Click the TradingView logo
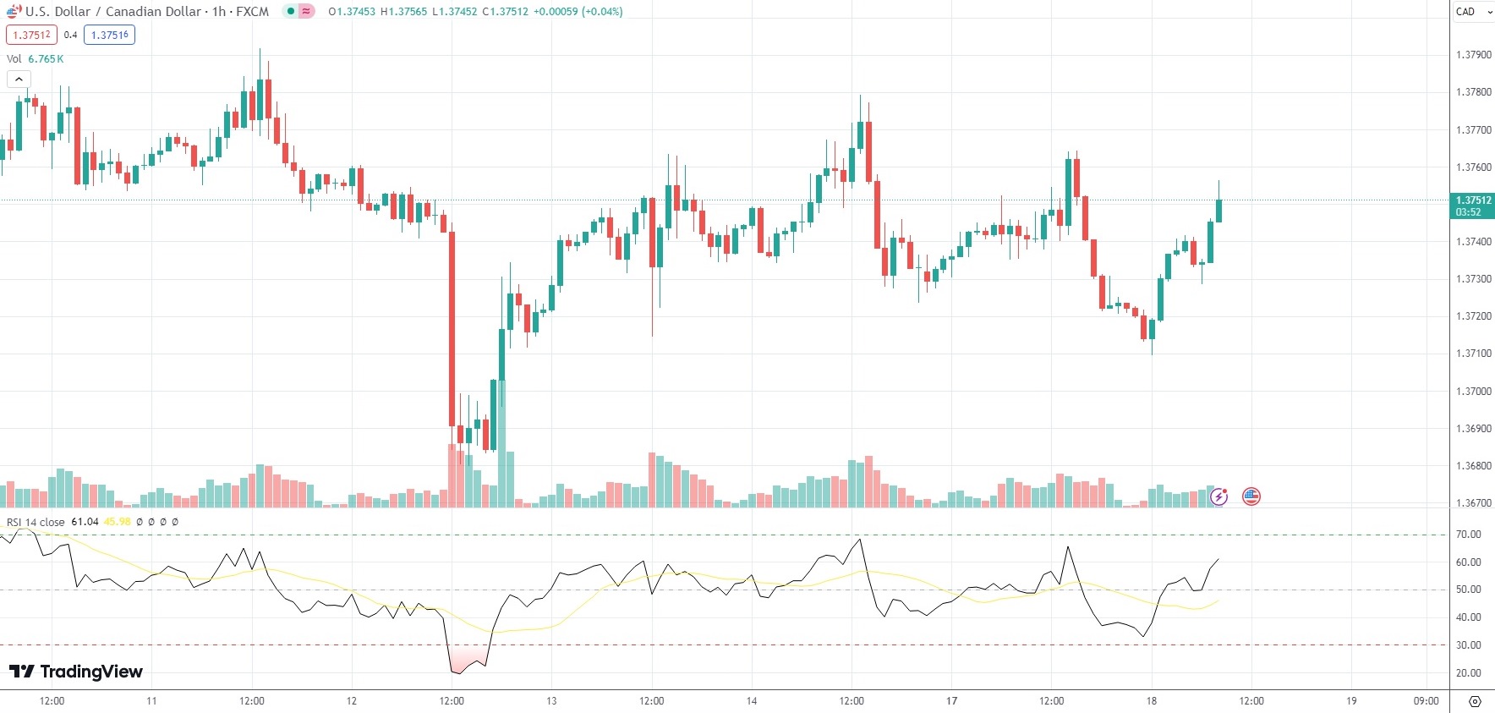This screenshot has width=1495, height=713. tap(76, 672)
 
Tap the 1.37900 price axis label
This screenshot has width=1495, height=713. tap(1473, 55)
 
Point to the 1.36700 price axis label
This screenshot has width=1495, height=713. tap(1473, 503)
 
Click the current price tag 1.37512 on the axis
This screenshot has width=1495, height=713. tap(1473, 200)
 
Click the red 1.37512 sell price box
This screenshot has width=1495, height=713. tap(31, 35)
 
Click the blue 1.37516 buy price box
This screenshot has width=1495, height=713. tap(109, 35)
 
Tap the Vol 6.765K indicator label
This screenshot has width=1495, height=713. tap(35, 59)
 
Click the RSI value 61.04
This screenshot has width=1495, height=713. tap(85, 522)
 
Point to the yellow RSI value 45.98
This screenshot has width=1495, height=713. tap(117, 522)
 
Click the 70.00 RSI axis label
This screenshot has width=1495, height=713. tap(1468, 535)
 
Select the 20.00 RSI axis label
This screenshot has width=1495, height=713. tap(1468, 673)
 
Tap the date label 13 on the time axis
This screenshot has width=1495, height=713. tap(551, 701)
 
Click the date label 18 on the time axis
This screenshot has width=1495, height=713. tap(1151, 701)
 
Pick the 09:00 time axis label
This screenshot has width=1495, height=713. tap(1426, 701)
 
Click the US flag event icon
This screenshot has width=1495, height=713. tap(1251, 496)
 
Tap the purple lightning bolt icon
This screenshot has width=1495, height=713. tap(1218, 496)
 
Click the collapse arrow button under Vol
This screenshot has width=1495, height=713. tap(19, 80)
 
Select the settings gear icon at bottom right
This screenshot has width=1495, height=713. tap(1475, 702)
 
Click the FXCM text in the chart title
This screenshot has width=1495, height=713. tap(253, 12)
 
